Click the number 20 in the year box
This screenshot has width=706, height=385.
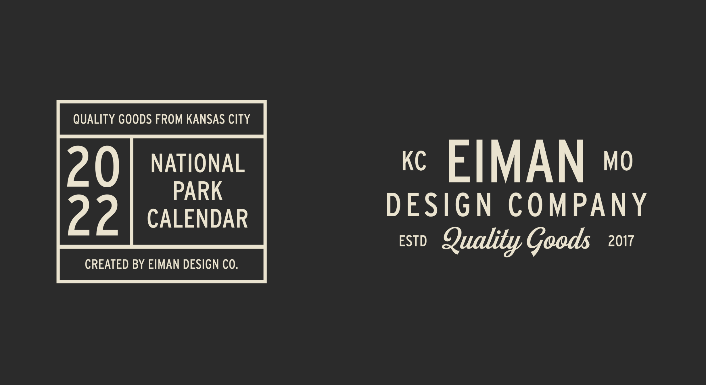93,167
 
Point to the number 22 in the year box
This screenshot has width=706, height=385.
93,215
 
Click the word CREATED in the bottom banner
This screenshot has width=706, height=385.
107,264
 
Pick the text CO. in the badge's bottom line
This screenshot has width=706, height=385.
231,264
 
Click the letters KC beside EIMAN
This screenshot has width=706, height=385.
414,161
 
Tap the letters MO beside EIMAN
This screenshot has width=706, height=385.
618,161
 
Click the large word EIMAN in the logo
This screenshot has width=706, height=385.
516,161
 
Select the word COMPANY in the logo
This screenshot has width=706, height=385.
578,205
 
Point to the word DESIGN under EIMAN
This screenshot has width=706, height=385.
439,205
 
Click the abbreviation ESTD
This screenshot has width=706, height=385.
413,241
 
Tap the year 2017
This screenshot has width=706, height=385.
621,241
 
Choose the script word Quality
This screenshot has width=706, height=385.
482,241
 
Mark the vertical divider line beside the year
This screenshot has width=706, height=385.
132,192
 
